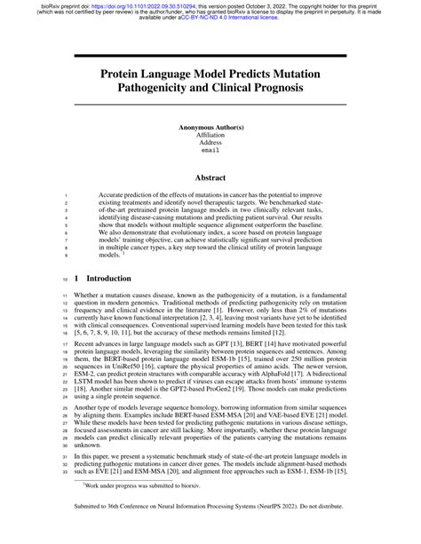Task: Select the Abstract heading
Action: tap(210, 177)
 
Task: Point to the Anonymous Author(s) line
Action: tap(210, 128)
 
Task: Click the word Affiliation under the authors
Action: tap(210, 136)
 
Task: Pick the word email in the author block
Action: tap(210, 152)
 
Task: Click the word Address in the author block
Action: tap(210, 144)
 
